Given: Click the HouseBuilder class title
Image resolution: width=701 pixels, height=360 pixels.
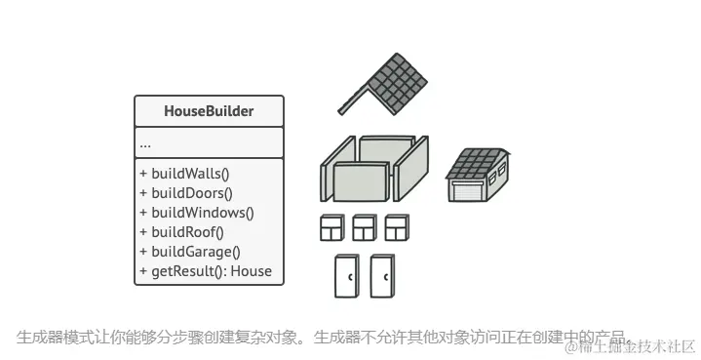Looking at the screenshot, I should click(x=209, y=111).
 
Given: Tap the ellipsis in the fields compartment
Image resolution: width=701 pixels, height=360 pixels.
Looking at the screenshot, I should click(x=145, y=143).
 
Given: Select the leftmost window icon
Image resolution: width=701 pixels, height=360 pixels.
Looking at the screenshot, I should click(x=331, y=228).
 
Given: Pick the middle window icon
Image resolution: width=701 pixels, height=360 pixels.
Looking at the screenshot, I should click(x=364, y=228).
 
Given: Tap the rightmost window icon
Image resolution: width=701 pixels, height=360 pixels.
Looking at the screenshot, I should click(x=396, y=228).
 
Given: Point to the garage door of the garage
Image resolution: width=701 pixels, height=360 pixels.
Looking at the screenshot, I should click(x=465, y=189).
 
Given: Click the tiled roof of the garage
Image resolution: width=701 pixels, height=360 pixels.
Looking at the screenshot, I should click(x=478, y=163).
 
